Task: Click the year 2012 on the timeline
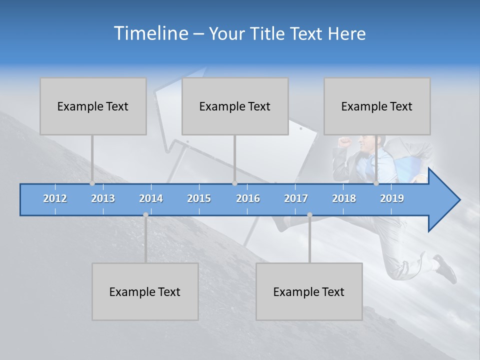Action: pos(55,198)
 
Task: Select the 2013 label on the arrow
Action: pos(103,198)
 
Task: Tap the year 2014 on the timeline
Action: pos(151,198)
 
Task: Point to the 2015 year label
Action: pos(199,198)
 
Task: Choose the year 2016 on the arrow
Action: pos(248,198)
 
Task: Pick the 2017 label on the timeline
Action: pos(296,198)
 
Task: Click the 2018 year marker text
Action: pos(344,198)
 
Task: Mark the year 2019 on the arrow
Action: pos(392,198)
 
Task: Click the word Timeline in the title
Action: pos(150,33)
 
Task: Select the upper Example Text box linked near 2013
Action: pos(93,106)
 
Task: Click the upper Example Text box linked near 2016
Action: pos(235,106)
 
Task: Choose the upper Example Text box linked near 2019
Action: pos(377,106)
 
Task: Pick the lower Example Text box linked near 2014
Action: pos(145,291)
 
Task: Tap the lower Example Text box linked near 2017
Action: pos(309,291)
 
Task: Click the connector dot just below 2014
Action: pos(145,215)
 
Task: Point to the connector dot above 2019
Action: pos(376,183)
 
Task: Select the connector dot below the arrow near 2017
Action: pos(309,215)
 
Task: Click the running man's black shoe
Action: pos(446,268)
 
